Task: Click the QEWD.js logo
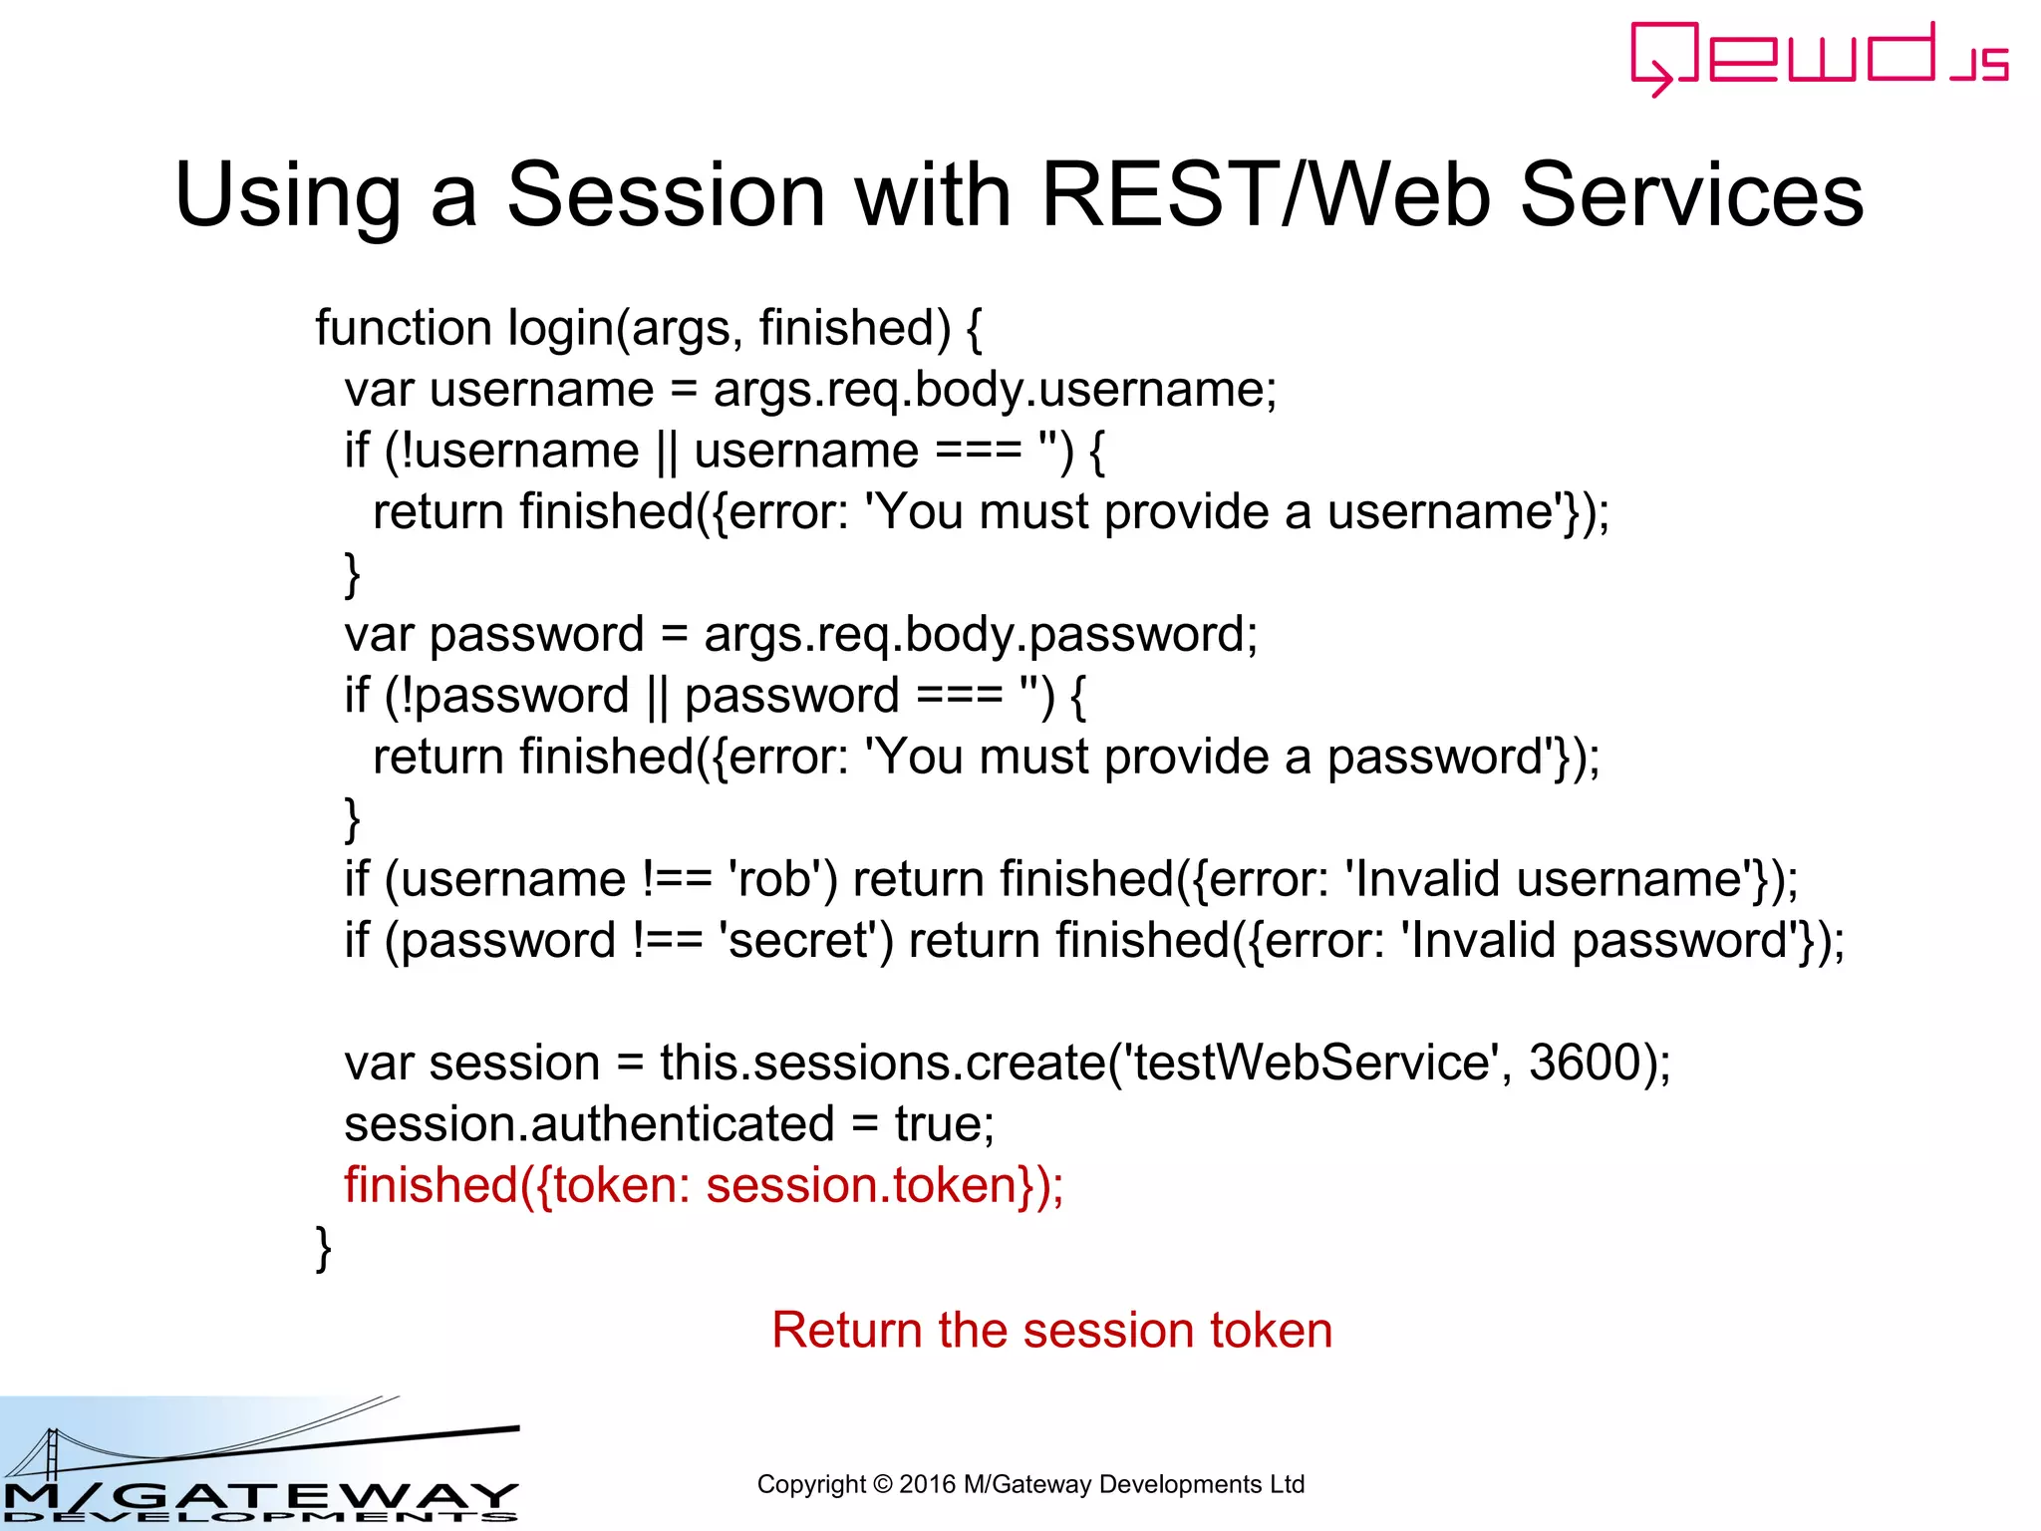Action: tap(1819, 57)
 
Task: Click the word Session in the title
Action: tap(666, 194)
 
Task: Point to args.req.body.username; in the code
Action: tap(995, 390)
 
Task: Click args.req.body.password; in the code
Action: tap(981, 635)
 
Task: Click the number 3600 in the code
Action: tap(1585, 1063)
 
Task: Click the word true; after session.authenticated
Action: tap(944, 1124)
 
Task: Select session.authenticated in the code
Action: tap(589, 1124)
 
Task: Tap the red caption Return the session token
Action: tap(1051, 1331)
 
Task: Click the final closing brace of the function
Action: tap(323, 1248)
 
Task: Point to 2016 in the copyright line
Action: tap(927, 1484)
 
